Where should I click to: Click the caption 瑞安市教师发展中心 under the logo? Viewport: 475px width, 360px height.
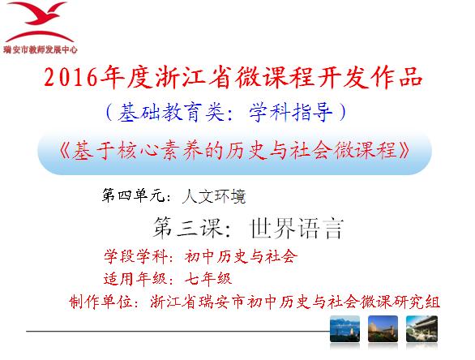tap(41, 49)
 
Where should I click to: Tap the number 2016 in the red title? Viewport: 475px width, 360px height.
tap(71, 78)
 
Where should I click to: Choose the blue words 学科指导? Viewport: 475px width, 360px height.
tap(290, 113)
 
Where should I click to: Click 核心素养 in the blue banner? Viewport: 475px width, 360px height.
tap(149, 150)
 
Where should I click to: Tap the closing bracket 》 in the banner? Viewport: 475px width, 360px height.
tap(404, 150)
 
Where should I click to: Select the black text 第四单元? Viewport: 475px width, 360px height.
tap(133, 195)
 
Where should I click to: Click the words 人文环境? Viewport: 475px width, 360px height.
tap(214, 196)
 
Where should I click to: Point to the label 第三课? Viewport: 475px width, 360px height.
tap(188, 228)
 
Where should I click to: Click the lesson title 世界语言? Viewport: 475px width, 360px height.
tap(297, 229)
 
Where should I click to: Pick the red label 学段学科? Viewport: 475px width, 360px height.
tap(135, 257)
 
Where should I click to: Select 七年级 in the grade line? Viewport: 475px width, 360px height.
tap(208, 279)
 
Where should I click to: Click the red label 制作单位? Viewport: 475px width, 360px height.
tap(101, 302)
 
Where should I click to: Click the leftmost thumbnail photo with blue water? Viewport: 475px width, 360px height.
tap(344, 329)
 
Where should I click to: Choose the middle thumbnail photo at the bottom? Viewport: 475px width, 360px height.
tap(383, 329)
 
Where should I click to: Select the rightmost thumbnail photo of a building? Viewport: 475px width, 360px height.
tap(422, 329)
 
